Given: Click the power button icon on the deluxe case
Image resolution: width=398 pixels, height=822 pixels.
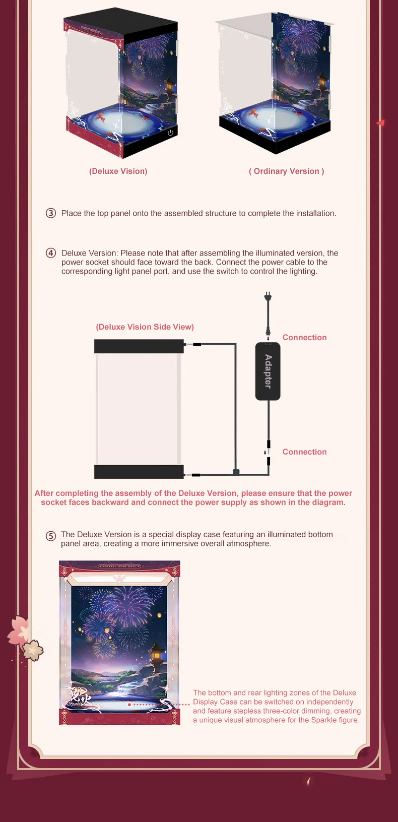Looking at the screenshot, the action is (171, 133).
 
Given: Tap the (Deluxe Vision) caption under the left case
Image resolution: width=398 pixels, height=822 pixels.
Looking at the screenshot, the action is (118, 171).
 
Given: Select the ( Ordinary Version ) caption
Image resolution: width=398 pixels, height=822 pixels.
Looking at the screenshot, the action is (287, 171).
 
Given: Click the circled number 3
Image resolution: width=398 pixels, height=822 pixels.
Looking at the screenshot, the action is (50, 213).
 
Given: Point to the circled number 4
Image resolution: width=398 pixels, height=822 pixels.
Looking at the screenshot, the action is (50, 253).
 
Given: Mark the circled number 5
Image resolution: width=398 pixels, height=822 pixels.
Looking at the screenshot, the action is (50, 536).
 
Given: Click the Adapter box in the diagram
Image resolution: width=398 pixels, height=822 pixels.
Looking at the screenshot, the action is (268, 371).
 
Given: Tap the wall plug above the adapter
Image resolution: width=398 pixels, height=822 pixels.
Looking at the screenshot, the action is (268, 296).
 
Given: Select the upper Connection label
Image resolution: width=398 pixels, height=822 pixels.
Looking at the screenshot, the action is (304, 338).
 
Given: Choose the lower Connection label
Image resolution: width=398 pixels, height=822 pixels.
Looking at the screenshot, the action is (304, 452).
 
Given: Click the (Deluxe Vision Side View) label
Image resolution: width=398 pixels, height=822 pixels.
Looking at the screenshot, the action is (145, 327).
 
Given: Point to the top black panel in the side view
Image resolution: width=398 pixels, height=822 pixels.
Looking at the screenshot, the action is (139, 346).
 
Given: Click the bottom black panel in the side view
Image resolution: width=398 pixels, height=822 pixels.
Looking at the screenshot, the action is (139, 472).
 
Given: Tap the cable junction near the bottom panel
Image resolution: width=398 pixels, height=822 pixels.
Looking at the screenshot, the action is (236, 472).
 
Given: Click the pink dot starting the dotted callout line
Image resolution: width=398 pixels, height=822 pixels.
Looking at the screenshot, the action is (129, 705).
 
